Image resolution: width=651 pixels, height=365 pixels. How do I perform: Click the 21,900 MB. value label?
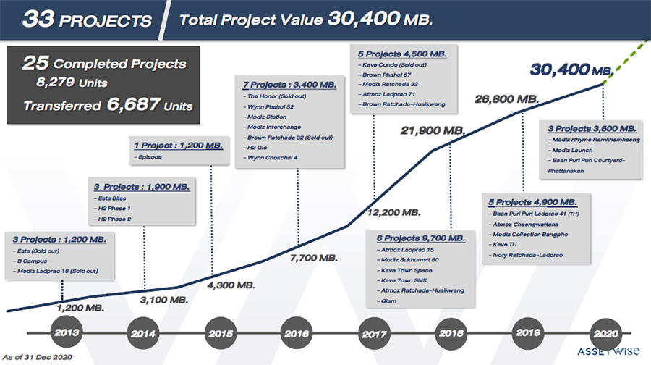click(x=433, y=130)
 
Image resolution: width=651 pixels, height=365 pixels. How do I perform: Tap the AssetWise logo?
click(x=608, y=352)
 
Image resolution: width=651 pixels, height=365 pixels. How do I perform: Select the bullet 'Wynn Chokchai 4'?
click(x=271, y=157)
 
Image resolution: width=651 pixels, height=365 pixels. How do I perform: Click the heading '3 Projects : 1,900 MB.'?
click(x=142, y=186)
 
